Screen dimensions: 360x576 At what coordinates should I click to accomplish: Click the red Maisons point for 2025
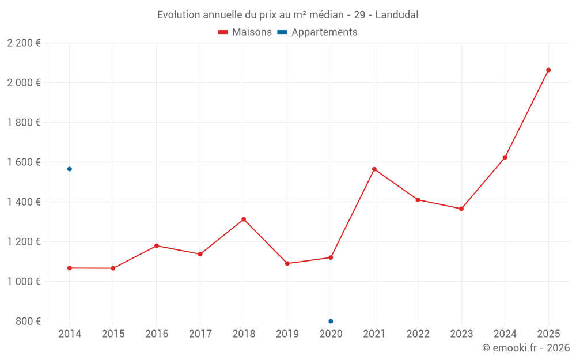tap(548, 70)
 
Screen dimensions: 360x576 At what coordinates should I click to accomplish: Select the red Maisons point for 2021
tap(374, 169)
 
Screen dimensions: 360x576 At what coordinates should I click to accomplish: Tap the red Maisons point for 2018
tap(244, 219)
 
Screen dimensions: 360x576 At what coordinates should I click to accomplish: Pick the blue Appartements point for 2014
tap(70, 169)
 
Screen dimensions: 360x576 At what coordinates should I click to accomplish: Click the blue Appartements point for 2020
tap(331, 321)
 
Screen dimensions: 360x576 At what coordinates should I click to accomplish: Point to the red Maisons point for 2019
tap(287, 263)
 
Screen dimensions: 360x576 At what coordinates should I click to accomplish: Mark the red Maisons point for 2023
tap(461, 209)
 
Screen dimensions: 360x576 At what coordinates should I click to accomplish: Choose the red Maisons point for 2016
tap(157, 246)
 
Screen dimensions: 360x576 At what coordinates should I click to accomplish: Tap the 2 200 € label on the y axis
tap(24, 43)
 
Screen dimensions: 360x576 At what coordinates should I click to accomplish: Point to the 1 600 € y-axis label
tap(24, 162)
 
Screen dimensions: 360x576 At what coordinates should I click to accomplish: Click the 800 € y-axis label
tap(27, 321)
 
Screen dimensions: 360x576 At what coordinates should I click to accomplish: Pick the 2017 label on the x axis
tap(200, 334)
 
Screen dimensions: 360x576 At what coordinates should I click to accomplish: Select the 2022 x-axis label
tap(418, 334)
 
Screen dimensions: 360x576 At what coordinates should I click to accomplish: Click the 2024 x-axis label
tap(505, 334)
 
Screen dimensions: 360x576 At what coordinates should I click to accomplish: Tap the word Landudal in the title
tap(397, 14)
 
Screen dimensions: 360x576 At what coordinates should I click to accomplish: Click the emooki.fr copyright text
tap(526, 348)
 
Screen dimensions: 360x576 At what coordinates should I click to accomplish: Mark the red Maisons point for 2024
tap(505, 157)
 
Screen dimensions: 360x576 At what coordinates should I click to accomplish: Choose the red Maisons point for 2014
tap(70, 268)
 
